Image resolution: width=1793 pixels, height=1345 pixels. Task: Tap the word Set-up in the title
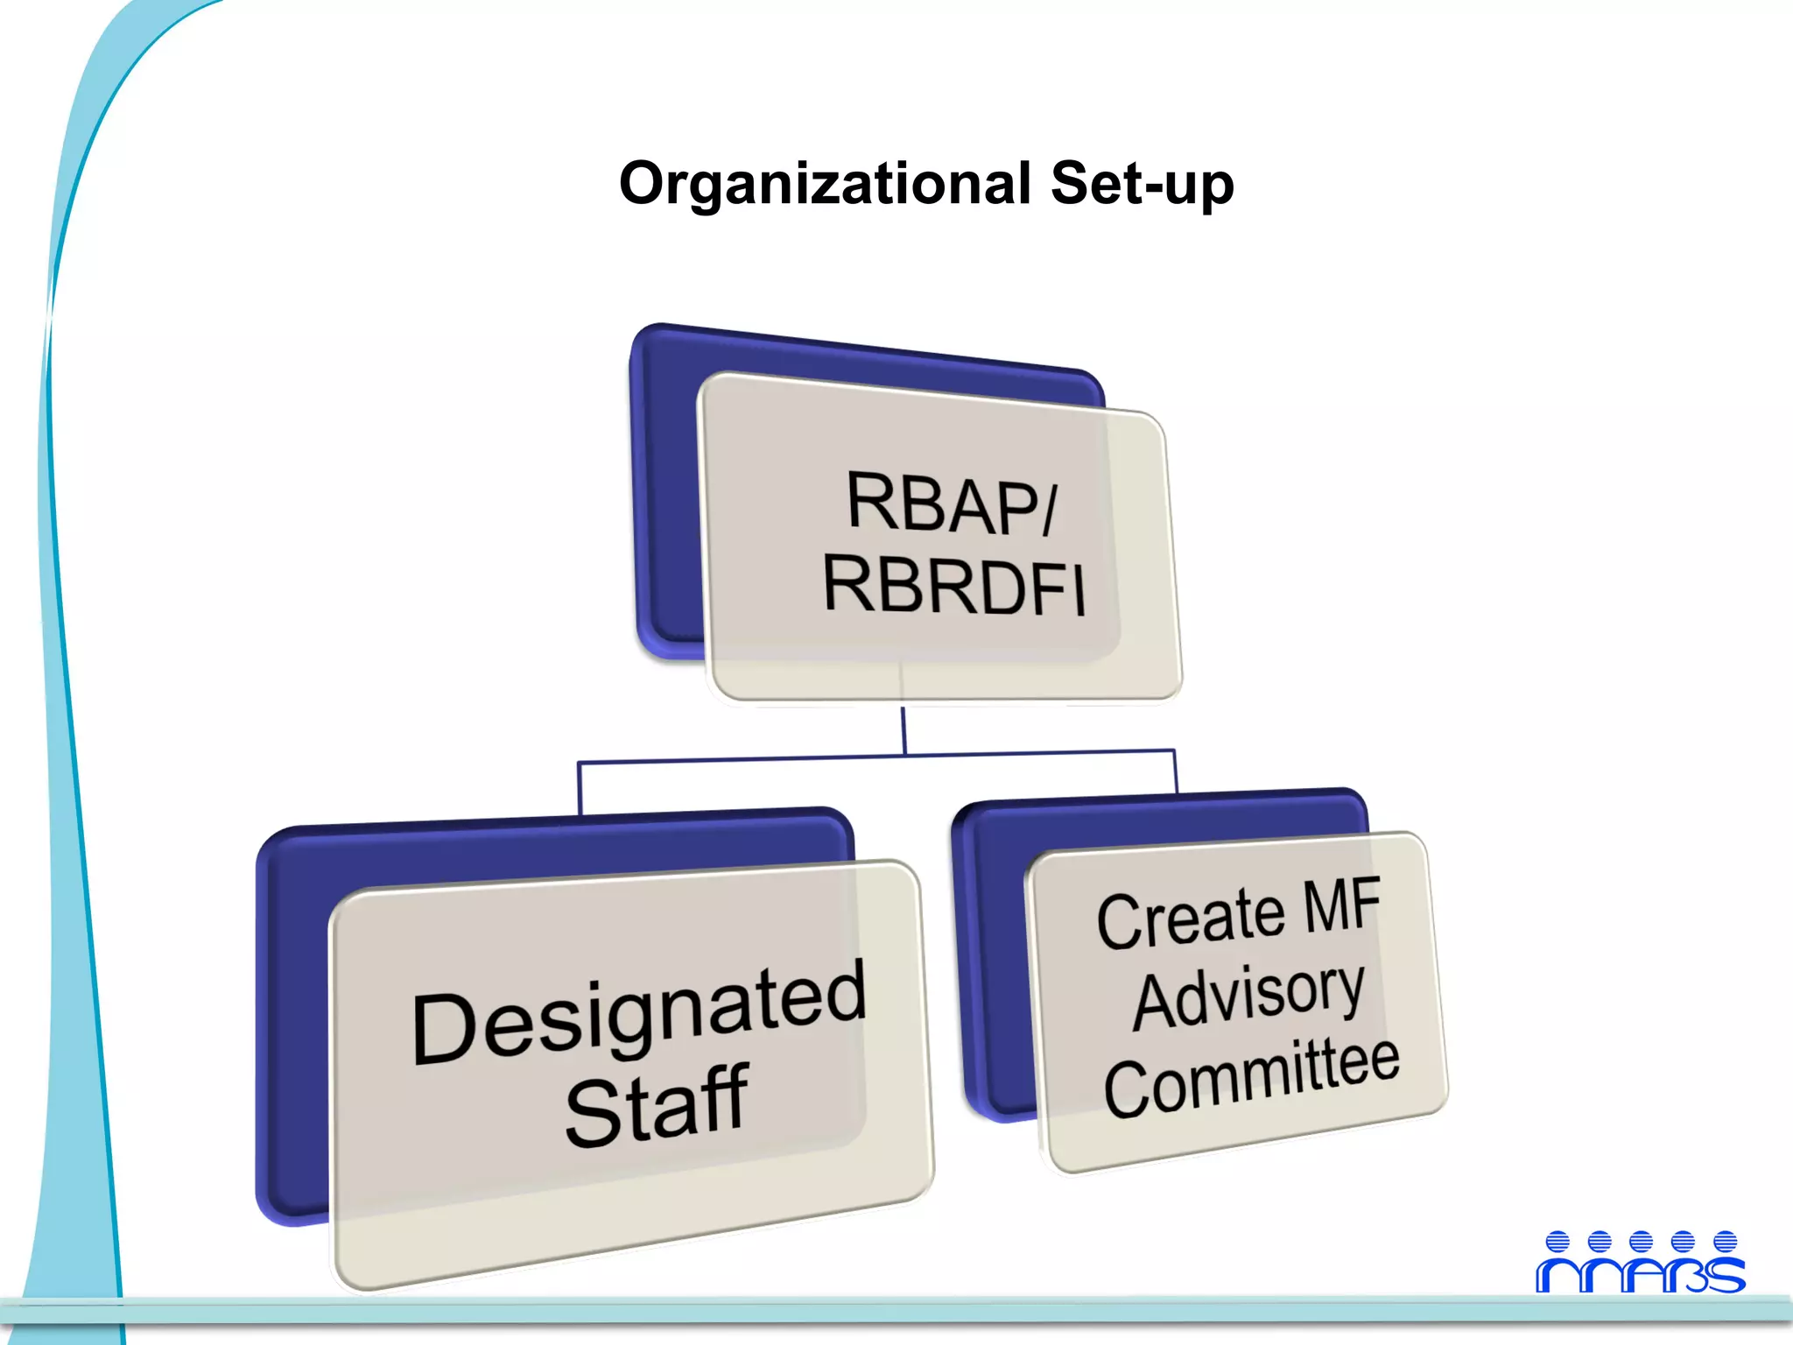point(1142,184)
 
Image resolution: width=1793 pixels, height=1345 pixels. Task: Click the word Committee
point(1252,1077)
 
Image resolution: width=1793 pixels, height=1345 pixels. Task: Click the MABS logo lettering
point(1641,1275)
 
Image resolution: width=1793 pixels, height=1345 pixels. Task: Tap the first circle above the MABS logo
point(1557,1241)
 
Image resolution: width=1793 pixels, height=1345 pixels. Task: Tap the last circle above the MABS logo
point(1725,1241)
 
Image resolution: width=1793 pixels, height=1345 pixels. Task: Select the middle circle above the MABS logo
point(1642,1241)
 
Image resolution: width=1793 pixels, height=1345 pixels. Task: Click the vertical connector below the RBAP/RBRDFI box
point(904,729)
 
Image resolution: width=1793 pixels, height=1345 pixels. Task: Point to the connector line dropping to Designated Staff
point(579,788)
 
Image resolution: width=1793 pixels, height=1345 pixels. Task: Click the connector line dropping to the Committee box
point(1175,771)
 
